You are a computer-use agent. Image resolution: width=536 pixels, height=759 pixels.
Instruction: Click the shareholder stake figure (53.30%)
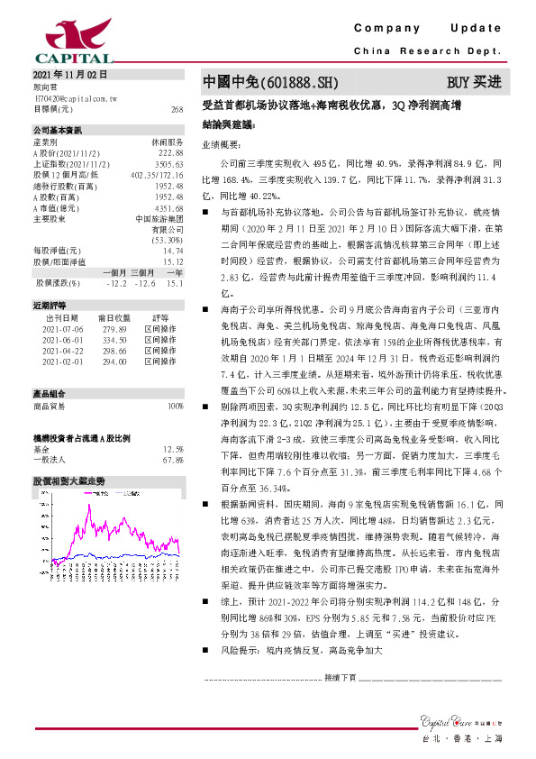point(167,241)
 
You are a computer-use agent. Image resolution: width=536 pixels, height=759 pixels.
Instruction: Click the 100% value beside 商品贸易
point(176,407)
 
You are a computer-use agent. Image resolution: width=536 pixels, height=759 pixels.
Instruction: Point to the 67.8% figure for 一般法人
point(173,460)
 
